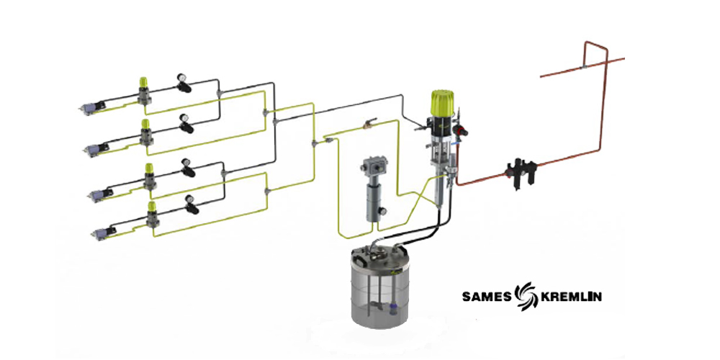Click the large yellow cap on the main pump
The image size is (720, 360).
pyautogui.click(x=443, y=102)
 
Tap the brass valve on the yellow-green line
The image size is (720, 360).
pyautogui.click(x=368, y=123)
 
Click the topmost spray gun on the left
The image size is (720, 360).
pyautogui.click(x=92, y=107)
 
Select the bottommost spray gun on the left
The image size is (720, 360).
pyautogui.click(x=104, y=233)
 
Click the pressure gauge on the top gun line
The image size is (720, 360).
pyautogui.click(x=181, y=82)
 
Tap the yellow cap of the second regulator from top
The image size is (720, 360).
pyautogui.click(x=146, y=125)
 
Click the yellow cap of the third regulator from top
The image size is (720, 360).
pyautogui.click(x=150, y=169)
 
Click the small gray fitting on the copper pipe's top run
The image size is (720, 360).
pyautogui.click(x=583, y=67)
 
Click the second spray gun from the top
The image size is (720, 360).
pyautogui.click(x=97, y=149)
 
